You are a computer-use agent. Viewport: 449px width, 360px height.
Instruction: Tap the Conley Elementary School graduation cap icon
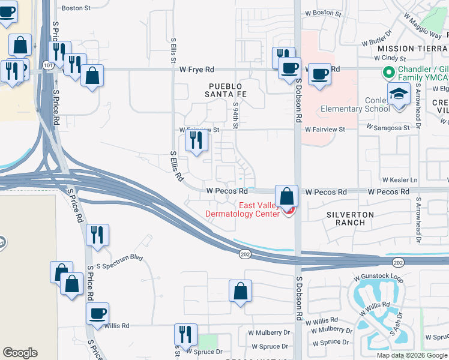(x=398, y=95)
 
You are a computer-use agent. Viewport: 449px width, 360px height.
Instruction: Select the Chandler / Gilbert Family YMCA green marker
(x=388, y=73)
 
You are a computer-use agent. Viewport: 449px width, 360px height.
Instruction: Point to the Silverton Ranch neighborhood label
(x=350, y=218)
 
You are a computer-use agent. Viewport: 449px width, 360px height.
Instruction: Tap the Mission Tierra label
(x=413, y=48)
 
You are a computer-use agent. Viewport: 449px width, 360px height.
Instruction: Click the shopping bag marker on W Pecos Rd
(x=287, y=196)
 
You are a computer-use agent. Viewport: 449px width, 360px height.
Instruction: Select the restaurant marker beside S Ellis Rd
(x=196, y=140)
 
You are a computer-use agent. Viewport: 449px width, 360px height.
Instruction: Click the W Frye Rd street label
(x=196, y=70)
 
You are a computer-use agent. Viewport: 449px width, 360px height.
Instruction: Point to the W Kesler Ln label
(x=399, y=180)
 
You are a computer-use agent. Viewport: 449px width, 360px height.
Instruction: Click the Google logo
(x=20, y=353)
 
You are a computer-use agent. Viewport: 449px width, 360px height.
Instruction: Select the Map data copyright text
(x=412, y=355)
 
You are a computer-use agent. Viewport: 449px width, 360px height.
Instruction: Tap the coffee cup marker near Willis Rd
(x=97, y=314)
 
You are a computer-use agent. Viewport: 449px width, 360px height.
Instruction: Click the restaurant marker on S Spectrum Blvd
(x=97, y=235)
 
